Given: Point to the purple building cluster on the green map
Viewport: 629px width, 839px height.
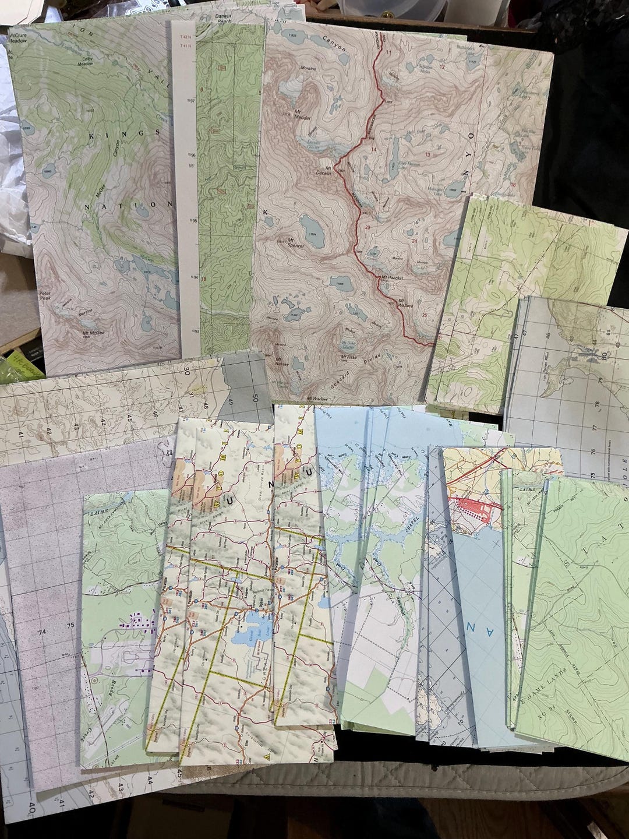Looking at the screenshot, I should pyautogui.click(x=137, y=623).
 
